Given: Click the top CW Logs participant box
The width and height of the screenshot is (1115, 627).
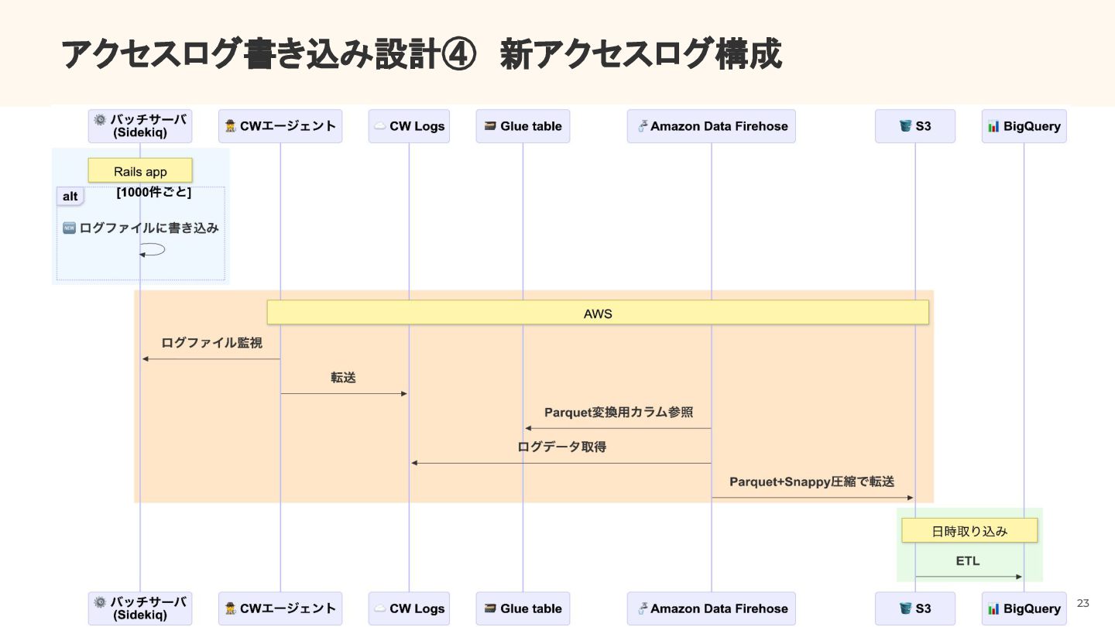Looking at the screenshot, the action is click(x=409, y=126).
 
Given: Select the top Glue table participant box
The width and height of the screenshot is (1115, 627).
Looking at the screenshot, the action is click(x=523, y=126).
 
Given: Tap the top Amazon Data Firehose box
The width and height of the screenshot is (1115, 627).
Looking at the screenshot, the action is click(x=711, y=126).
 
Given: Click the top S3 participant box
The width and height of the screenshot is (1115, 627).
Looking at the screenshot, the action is click(x=914, y=126).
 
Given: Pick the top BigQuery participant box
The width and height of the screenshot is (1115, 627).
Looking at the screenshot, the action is click(x=1024, y=126).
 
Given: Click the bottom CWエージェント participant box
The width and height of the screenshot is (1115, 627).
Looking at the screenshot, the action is click(x=280, y=608).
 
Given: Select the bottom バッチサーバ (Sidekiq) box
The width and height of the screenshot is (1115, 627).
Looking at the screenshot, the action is click(x=140, y=608).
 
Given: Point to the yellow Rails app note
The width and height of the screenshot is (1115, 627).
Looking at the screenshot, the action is click(x=140, y=171).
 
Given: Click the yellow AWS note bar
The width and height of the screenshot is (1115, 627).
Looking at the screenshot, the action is click(x=598, y=313).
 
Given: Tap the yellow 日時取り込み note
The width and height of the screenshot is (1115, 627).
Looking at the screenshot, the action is click(x=969, y=531).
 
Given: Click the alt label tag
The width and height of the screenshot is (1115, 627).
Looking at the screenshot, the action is click(x=70, y=197).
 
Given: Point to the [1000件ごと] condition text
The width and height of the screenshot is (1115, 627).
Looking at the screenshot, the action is click(x=154, y=192).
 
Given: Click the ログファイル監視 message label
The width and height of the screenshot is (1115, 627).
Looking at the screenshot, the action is click(x=211, y=342).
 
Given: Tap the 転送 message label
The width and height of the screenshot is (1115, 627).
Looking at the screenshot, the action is click(x=343, y=377).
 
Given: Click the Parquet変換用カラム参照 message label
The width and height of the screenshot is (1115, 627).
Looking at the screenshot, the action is click(x=619, y=412).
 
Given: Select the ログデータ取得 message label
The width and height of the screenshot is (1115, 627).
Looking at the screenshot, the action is click(x=561, y=447).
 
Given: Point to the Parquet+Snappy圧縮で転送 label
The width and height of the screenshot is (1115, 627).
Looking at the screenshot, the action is click(x=811, y=481).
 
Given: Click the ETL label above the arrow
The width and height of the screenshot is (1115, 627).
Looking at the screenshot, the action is click(x=968, y=560).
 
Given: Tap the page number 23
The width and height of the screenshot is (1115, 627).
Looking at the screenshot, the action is click(x=1082, y=603).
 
